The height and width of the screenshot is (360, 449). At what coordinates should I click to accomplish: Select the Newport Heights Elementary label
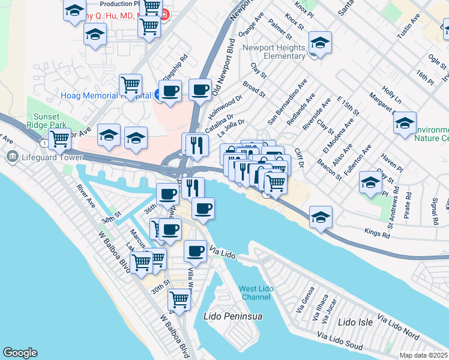click(274, 52)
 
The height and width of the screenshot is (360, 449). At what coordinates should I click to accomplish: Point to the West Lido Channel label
click(256, 293)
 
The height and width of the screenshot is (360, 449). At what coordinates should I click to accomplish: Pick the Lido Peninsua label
click(229, 316)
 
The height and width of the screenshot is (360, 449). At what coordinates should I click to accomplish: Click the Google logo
click(20, 353)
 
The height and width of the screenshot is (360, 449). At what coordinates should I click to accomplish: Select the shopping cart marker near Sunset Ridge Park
click(59, 139)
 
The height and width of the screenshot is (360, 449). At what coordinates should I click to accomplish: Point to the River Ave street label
click(86, 196)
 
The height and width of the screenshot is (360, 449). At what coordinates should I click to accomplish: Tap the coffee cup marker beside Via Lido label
click(194, 251)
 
